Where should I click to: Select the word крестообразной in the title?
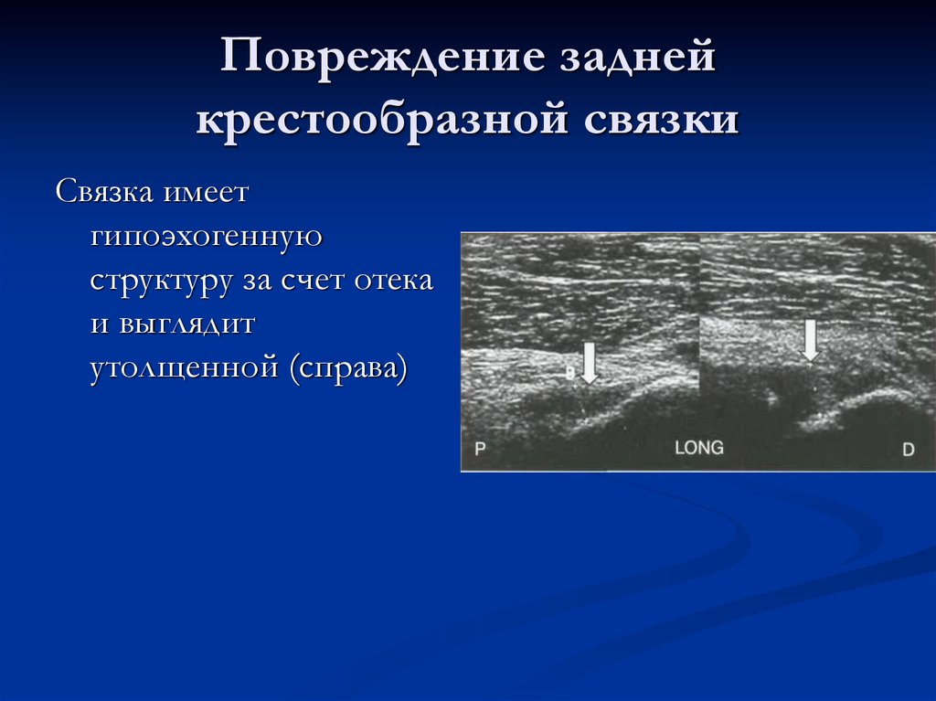point(377,121)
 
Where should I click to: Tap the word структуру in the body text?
point(161,281)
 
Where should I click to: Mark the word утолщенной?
point(184,368)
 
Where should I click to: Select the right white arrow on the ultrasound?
point(809,340)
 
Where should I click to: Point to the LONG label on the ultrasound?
point(698,448)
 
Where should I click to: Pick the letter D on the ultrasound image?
point(908,450)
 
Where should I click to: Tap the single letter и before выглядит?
point(99,324)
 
